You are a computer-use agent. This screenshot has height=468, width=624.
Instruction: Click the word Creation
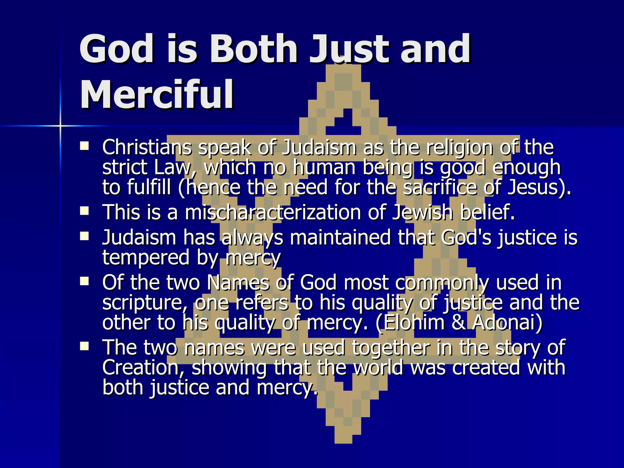click(x=143, y=367)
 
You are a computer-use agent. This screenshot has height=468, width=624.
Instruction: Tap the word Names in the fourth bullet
click(x=238, y=283)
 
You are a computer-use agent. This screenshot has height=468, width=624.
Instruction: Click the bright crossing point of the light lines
click(x=60, y=126)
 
